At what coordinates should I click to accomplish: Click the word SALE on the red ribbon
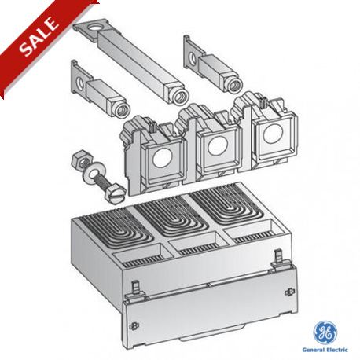tap(39, 36)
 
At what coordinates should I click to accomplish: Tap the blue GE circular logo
tap(325, 332)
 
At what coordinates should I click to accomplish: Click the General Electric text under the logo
tap(325, 350)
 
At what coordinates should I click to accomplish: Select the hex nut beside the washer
tap(81, 160)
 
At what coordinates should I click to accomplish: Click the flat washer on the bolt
tap(92, 174)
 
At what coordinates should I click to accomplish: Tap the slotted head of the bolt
tap(114, 194)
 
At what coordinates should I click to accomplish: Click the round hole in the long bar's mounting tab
tap(94, 27)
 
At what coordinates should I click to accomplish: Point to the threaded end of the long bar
tap(180, 96)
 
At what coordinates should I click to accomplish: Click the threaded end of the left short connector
tap(122, 110)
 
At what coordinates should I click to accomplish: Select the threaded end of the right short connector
tap(234, 85)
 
